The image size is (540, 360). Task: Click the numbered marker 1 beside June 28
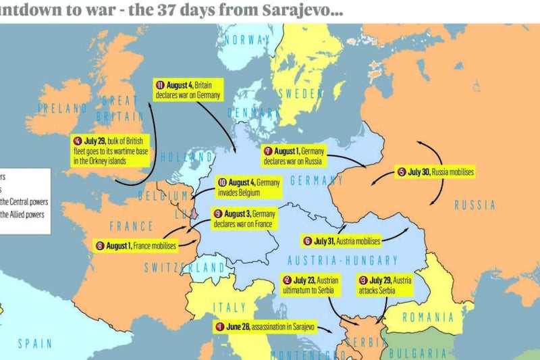click(x=219, y=327)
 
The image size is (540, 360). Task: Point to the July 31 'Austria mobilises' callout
click(x=342, y=240)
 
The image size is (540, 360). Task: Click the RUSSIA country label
click(x=474, y=205)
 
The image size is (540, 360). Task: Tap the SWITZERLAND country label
click(x=184, y=267)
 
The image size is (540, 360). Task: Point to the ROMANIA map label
click(x=427, y=317)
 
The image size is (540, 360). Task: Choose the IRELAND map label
click(x=62, y=108)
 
